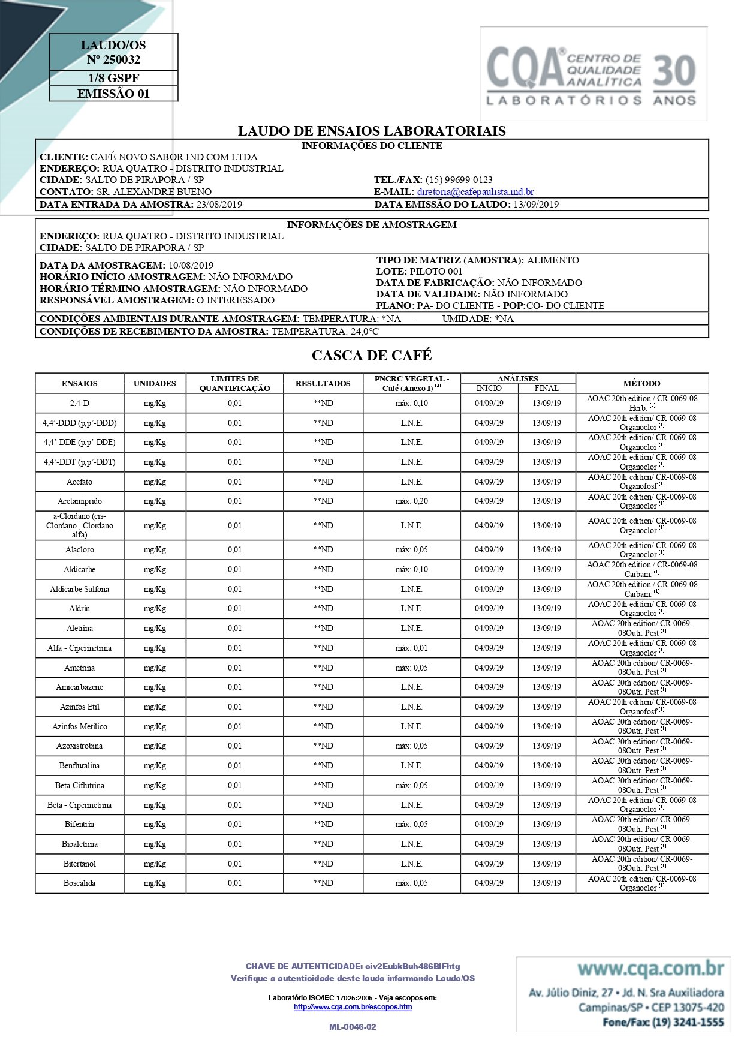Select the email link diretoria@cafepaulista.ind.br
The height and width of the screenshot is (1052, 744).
(475, 192)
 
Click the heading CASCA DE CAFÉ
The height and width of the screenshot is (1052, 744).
(372, 356)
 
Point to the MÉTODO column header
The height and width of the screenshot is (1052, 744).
(641, 383)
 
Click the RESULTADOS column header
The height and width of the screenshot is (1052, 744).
(323, 383)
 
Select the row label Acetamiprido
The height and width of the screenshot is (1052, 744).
(79, 501)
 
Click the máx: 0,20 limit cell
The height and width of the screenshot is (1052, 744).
(411, 501)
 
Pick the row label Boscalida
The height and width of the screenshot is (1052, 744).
(79, 883)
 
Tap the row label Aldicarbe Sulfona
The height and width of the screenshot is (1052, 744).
(79, 590)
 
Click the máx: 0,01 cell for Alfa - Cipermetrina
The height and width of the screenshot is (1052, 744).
(411, 648)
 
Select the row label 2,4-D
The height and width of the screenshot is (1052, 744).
(79, 404)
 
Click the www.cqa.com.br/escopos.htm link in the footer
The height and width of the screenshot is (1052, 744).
(353, 1007)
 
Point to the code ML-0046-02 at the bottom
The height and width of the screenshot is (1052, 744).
(353, 1027)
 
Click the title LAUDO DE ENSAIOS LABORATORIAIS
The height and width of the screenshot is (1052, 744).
(372, 131)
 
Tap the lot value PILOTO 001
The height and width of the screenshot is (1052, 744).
(435, 272)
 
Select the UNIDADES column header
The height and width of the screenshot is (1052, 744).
(155, 383)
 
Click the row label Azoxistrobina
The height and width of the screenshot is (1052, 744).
(79, 746)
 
